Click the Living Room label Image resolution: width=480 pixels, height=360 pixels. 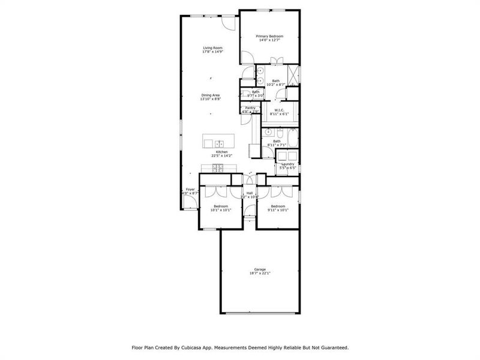[x=212, y=48]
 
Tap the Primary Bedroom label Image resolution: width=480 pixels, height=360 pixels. [x=269, y=37]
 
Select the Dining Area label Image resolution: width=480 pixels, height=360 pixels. [x=211, y=95]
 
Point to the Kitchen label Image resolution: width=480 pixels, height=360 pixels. [x=221, y=152]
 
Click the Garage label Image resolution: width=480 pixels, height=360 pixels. [x=260, y=269]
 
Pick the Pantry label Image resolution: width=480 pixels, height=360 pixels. [x=250, y=108]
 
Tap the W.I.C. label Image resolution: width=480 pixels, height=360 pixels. [x=279, y=110]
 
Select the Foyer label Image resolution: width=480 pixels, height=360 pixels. [x=190, y=190]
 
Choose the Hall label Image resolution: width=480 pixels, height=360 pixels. [x=249, y=193]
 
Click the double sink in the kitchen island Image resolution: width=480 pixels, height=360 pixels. [x=219, y=143]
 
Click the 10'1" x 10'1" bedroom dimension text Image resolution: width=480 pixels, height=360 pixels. [x=220, y=210]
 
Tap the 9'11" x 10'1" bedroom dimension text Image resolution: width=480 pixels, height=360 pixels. [x=279, y=210]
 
